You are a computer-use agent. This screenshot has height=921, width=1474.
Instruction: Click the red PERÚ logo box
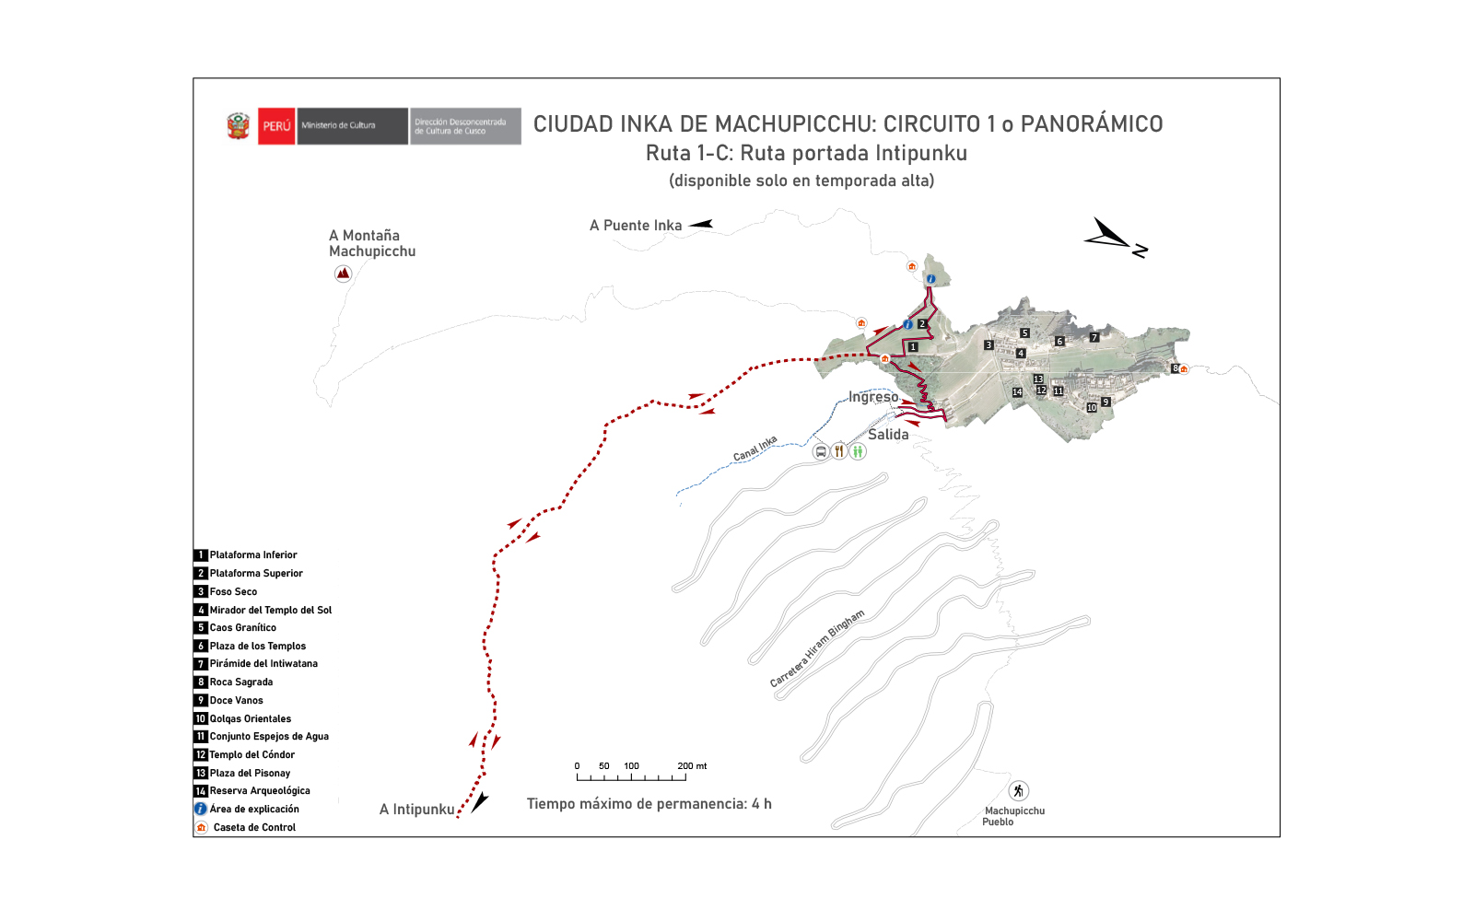pos(276,126)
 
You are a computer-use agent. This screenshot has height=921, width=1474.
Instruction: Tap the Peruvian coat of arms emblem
pos(239,126)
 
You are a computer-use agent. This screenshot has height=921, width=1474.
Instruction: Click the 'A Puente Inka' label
pos(636,226)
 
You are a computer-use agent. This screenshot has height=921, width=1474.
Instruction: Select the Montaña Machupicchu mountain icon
pos(343,274)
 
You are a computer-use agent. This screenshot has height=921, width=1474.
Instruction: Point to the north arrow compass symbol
pos(1115,239)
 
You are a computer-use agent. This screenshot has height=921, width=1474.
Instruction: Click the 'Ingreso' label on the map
pos(873,397)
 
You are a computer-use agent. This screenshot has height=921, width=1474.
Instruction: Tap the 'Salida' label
pos(888,435)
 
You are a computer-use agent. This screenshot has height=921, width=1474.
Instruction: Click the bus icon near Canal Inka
pos(821,451)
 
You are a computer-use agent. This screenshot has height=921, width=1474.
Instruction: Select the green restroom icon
pos(858,451)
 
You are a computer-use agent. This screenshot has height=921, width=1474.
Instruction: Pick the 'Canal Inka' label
pos(755,449)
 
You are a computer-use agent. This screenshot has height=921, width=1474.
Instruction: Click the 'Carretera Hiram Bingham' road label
pos(817,648)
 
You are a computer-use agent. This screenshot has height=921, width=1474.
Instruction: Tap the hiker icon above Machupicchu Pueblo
pos(1018,791)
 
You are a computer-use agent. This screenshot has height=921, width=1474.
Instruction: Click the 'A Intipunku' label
pos(417,810)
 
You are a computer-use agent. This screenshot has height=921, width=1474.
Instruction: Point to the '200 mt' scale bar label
pos(692,766)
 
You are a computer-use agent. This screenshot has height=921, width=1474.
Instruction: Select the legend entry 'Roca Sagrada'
pos(240,682)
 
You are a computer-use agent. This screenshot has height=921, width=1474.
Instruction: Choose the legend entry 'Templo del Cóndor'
pos(252,755)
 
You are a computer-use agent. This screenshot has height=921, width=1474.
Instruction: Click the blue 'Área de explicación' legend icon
pos(200,809)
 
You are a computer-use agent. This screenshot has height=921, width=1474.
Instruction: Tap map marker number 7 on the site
pos(1094,338)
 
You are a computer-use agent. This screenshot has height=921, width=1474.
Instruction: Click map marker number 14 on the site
pos(1017,392)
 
